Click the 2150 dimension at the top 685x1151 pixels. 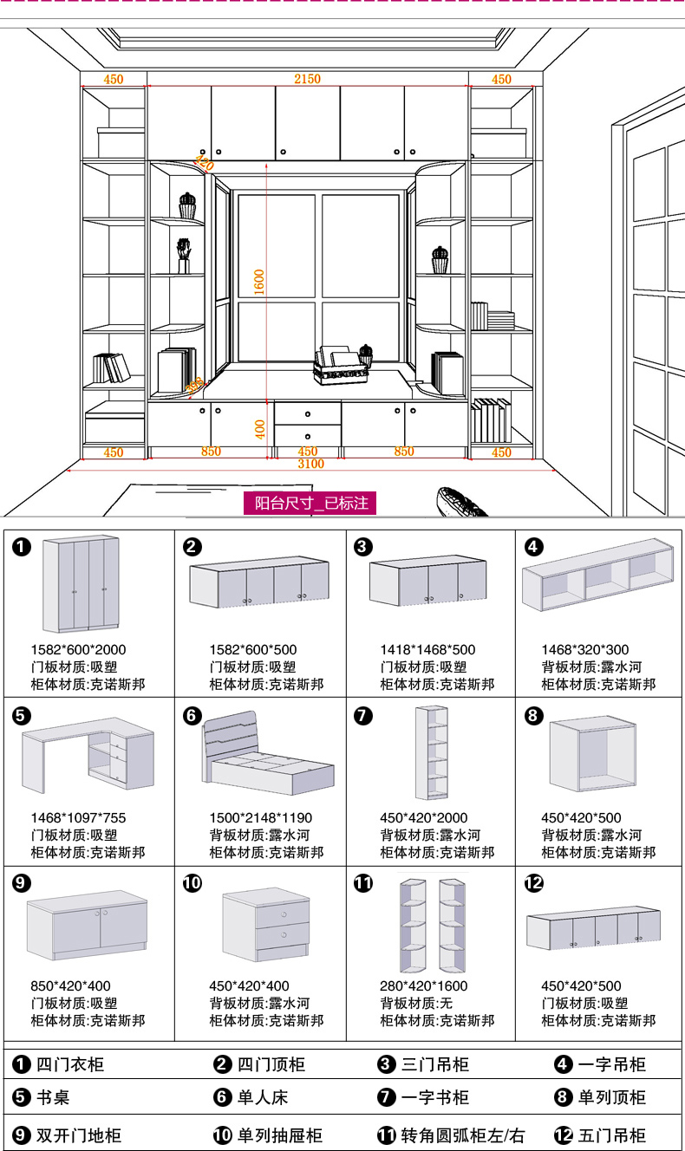[307, 79]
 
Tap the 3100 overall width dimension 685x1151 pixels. [310, 464]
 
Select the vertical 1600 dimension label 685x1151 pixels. [259, 282]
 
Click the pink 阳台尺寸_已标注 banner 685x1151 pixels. [311, 503]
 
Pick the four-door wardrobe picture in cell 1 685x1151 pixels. [81, 584]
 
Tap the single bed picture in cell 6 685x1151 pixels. [267, 752]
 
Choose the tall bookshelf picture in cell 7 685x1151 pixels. [433, 752]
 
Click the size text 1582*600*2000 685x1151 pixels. [78, 650]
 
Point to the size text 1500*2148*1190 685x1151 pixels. [260, 818]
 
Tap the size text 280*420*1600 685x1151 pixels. [423, 986]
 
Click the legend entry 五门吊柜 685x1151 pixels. [611, 1135]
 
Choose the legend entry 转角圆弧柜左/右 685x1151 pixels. [463, 1135]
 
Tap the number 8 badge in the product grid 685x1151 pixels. [534, 716]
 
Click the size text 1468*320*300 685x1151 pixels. [585, 650]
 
